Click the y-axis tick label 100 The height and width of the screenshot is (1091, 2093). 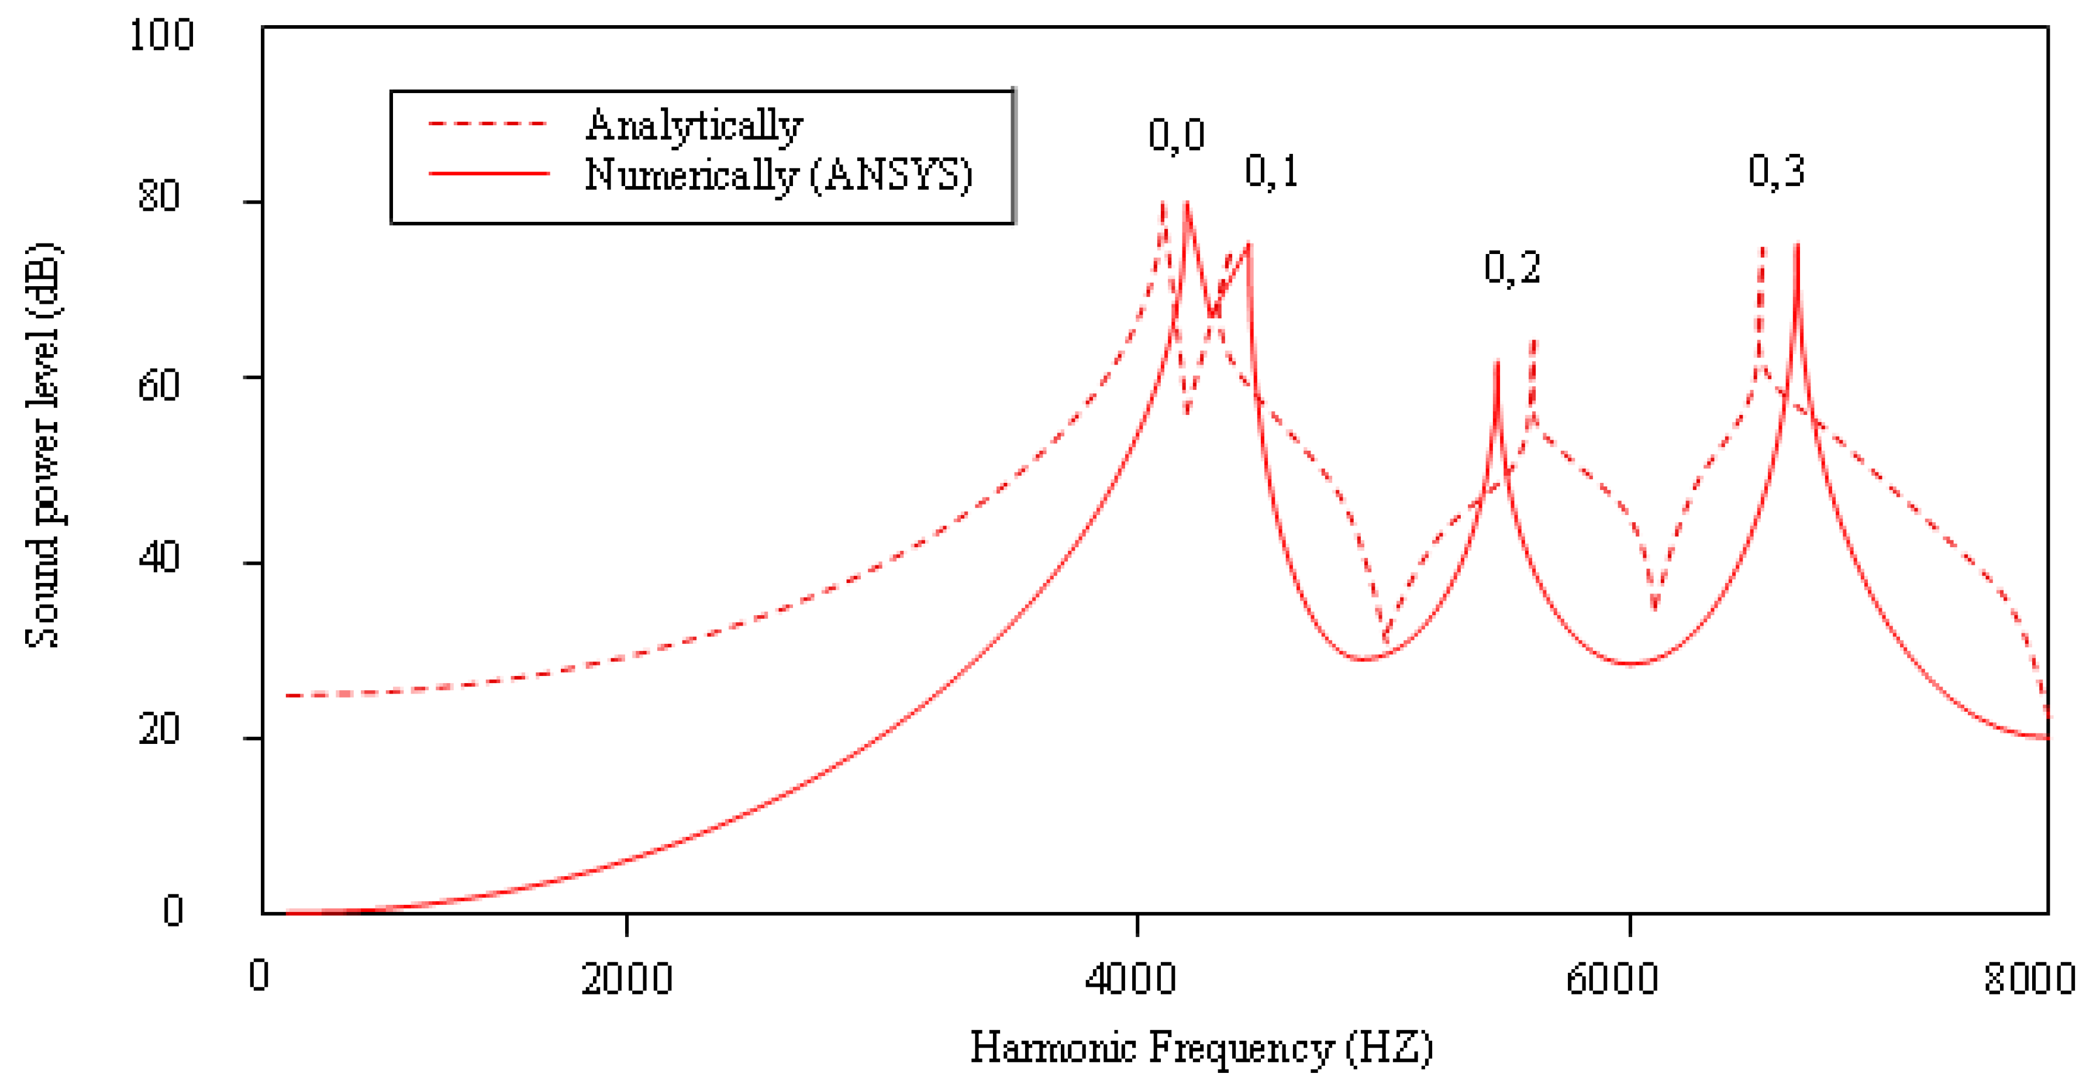click(161, 35)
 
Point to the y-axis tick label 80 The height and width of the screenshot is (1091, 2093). click(158, 196)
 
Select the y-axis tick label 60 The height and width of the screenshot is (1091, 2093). click(158, 385)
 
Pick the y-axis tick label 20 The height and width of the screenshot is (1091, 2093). click(158, 729)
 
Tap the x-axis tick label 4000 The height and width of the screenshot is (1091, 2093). click(1130, 979)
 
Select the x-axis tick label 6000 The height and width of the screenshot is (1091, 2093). click(1611, 979)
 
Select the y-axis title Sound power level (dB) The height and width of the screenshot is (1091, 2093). click(42, 445)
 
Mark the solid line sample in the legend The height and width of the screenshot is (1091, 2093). click(488, 173)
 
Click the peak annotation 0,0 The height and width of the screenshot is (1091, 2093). click(1175, 135)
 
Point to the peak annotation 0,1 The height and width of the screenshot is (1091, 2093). click(1271, 171)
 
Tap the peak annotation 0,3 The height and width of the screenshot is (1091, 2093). click(1776, 171)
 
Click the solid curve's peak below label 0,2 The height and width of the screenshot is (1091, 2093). click(1497, 363)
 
